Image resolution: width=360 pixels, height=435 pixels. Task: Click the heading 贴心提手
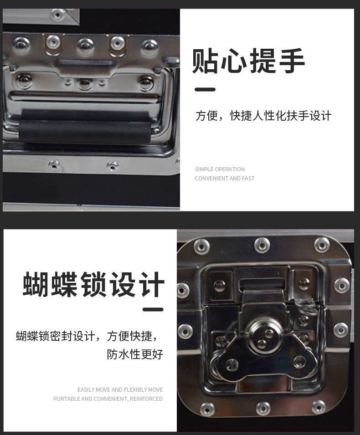click(x=248, y=61)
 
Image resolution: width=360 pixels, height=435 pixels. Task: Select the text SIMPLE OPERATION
click(x=220, y=169)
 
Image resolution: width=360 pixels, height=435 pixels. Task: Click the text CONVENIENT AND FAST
click(x=225, y=179)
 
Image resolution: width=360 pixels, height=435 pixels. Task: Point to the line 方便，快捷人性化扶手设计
click(x=263, y=116)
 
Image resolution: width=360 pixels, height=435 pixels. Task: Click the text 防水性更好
click(x=135, y=354)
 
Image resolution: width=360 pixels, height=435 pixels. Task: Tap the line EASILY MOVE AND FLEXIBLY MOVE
click(x=120, y=390)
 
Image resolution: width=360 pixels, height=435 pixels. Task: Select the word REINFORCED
click(x=147, y=399)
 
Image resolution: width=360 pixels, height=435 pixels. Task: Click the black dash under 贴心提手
click(x=205, y=90)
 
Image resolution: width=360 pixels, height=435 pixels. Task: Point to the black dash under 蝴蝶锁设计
click(x=153, y=310)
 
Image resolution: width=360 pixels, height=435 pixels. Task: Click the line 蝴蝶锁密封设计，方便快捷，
click(x=87, y=336)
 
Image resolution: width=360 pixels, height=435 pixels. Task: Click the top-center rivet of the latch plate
click(x=262, y=245)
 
